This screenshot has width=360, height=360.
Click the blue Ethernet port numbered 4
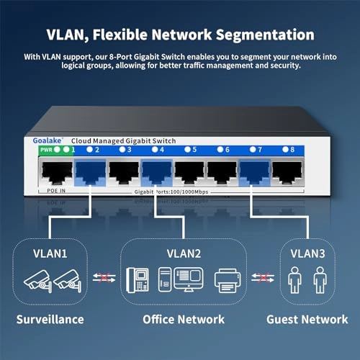(x=154, y=171)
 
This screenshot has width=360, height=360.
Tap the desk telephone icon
(x=138, y=280)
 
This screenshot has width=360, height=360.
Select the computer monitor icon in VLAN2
(x=189, y=279)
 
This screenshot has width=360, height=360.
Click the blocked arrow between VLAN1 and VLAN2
(x=102, y=279)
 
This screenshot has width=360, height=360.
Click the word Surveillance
(x=50, y=319)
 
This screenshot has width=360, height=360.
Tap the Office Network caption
(x=183, y=319)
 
